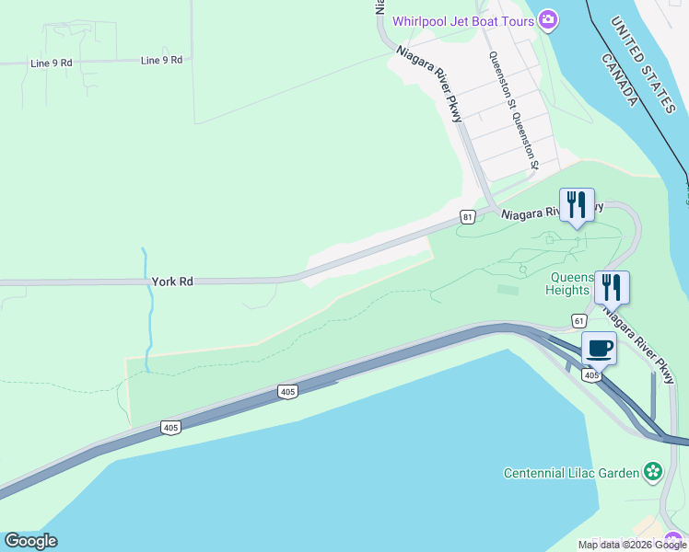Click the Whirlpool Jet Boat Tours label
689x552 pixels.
[463, 21]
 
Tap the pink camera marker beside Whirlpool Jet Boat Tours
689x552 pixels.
[548, 19]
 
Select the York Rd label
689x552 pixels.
[172, 282]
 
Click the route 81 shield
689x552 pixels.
[468, 217]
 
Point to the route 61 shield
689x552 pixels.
[578, 319]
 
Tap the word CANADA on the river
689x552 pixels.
[620, 79]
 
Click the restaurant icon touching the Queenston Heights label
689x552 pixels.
[612, 288]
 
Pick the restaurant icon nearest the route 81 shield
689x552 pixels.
[577, 206]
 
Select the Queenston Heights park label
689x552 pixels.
[569, 283]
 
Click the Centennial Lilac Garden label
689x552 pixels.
[571, 473]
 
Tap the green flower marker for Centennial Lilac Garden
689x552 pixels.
[653, 472]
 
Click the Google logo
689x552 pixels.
[30, 541]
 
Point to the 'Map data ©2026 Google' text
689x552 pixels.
[632, 545]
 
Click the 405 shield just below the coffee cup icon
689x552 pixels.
[591, 375]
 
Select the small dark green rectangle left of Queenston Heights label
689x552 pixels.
[507, 290]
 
